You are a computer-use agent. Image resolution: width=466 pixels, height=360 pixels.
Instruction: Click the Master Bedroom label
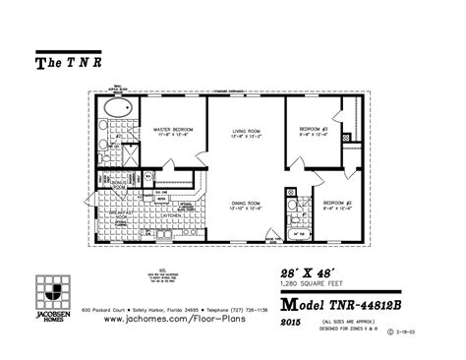coord(172,130)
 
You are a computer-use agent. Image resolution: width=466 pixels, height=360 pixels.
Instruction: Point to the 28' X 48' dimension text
coord(305,270)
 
